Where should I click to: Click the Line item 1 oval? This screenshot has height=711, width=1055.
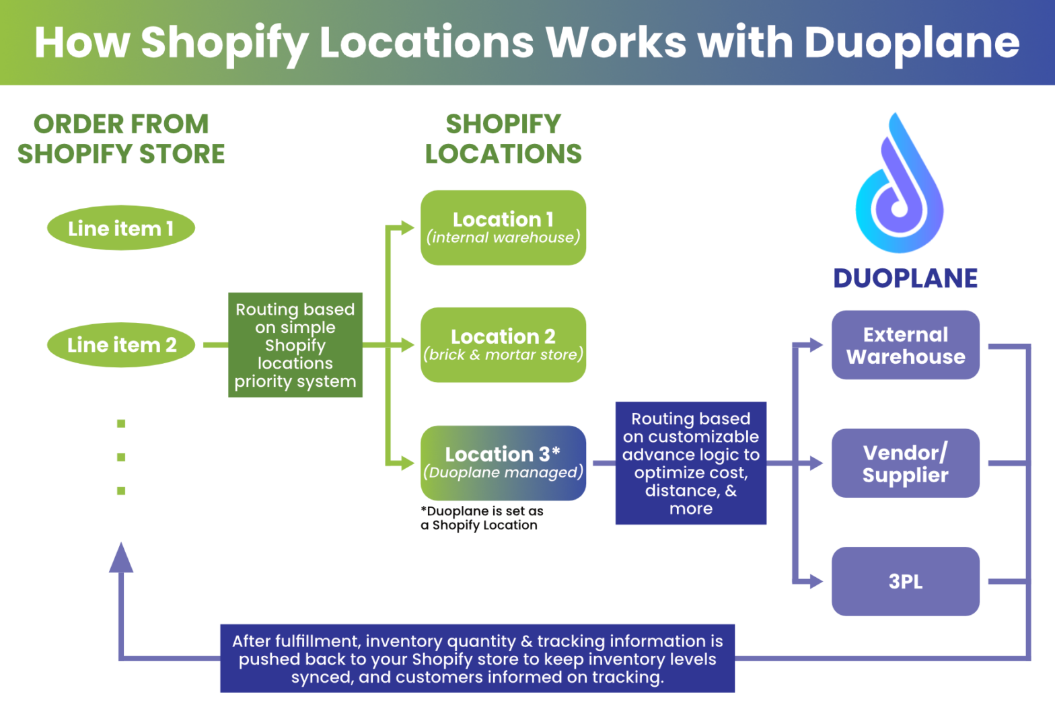[x=121, y=228]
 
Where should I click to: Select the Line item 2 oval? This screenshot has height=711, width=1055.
[x=121, y=345]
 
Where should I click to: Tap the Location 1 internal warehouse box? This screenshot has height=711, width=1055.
[x=503, y=228]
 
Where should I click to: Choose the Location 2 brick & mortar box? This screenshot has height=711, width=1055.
[x=503, y=345]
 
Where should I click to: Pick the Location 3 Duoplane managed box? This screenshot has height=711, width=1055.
[x=503, y=463]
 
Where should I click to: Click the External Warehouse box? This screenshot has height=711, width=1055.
[x=906, y=345]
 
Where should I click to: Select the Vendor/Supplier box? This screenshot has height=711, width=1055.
[x=906, y=463]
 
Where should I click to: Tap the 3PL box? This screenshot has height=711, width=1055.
[x=906, y=581]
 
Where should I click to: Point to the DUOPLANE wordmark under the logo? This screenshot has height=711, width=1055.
[x=906, y=278]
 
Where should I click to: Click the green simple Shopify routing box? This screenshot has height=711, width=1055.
[x=295, y=345]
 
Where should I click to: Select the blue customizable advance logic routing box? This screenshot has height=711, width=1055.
[x=691, y=463]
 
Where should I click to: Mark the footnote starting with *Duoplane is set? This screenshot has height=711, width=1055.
[x=482, y=518]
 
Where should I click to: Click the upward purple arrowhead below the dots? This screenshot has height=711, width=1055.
[x=121, y=558]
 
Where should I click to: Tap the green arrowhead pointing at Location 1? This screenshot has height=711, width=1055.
[x=406, y=228]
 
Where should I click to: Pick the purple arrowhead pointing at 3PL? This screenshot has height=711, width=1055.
[x=815, y=581]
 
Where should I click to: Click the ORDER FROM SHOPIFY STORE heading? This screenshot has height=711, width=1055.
[x=121, y=139]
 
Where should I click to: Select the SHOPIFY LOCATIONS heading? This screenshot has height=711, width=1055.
[x=503, y=139]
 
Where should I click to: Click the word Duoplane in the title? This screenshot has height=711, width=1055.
[x=912, y=42]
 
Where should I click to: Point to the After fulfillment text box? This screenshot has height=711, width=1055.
[x=478, y=659]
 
